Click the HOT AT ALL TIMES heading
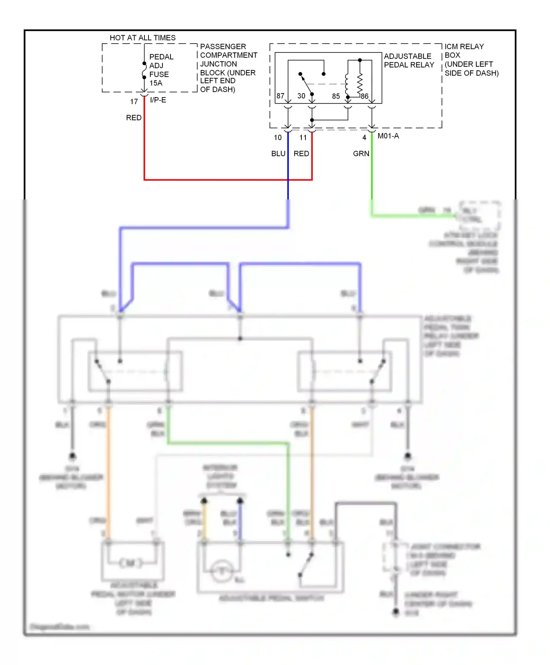click(143, 38)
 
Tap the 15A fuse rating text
click(156, 83)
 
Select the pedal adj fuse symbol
click(144, 71)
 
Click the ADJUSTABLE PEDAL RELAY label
click(409, 60)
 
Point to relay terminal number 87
click(280, 96)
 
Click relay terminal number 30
click(301, 96)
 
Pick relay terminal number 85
click(336, 96)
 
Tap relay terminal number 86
click(364, 96)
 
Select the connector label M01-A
click(388, 136)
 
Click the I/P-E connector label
click(158, 100)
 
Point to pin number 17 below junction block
click(134, 102)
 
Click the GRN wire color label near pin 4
click(361, 154)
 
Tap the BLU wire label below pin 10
click(278, 154)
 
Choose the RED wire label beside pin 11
click(301, 154)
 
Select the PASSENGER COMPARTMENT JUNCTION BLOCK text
click(228, 68)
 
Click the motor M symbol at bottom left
click(131, 563)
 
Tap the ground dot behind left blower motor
click(73, 456)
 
